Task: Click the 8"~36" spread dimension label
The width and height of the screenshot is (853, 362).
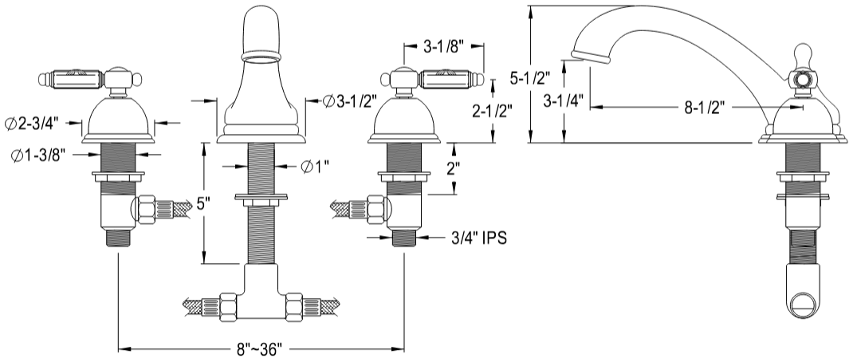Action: pyautogui.click(x=261, y=350)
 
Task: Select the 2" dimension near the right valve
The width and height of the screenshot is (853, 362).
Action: pyautogui.click(x=452, y=168)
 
